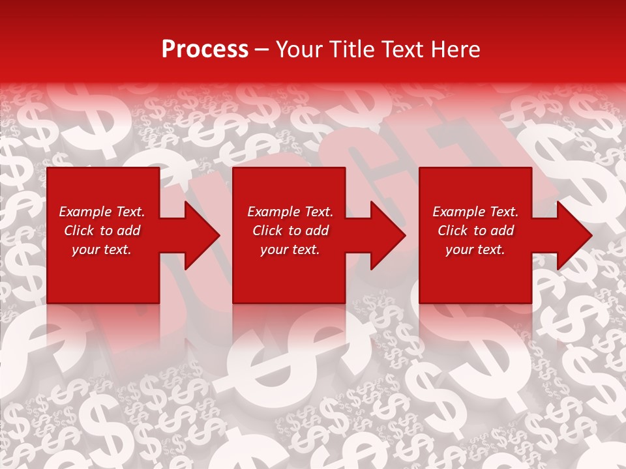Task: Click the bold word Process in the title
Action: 205,50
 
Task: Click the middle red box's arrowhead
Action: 387,235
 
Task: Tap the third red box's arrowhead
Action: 573,235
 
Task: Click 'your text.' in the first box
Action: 102,249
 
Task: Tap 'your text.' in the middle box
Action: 290,249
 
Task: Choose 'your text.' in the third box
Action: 475,249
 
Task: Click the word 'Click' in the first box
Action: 80,231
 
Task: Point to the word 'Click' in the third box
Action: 453,231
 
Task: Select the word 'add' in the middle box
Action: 316,231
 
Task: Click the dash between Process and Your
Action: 261,50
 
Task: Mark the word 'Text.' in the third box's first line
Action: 504,212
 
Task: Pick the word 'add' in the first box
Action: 128,231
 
